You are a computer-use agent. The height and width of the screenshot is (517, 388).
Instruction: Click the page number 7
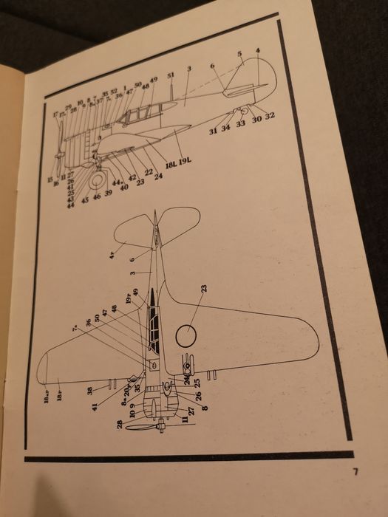(x=355, y=470)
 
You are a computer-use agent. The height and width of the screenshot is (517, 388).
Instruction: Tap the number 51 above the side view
(x=171, y=76)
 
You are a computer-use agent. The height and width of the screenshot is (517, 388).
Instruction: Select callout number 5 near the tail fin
(x=239, y=55)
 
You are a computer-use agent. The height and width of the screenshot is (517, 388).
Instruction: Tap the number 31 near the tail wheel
(x=211, y=131)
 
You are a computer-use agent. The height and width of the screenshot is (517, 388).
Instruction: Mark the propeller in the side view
(x=60, y=145)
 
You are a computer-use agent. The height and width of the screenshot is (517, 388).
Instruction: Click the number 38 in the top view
(x=90, y=389)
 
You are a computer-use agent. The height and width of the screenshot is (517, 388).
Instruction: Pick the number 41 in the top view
(x=95, y=406)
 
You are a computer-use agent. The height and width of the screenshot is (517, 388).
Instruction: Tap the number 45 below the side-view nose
(x=84, y=200)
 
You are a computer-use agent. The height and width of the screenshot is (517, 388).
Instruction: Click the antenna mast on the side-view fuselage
(x=172, y=92)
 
